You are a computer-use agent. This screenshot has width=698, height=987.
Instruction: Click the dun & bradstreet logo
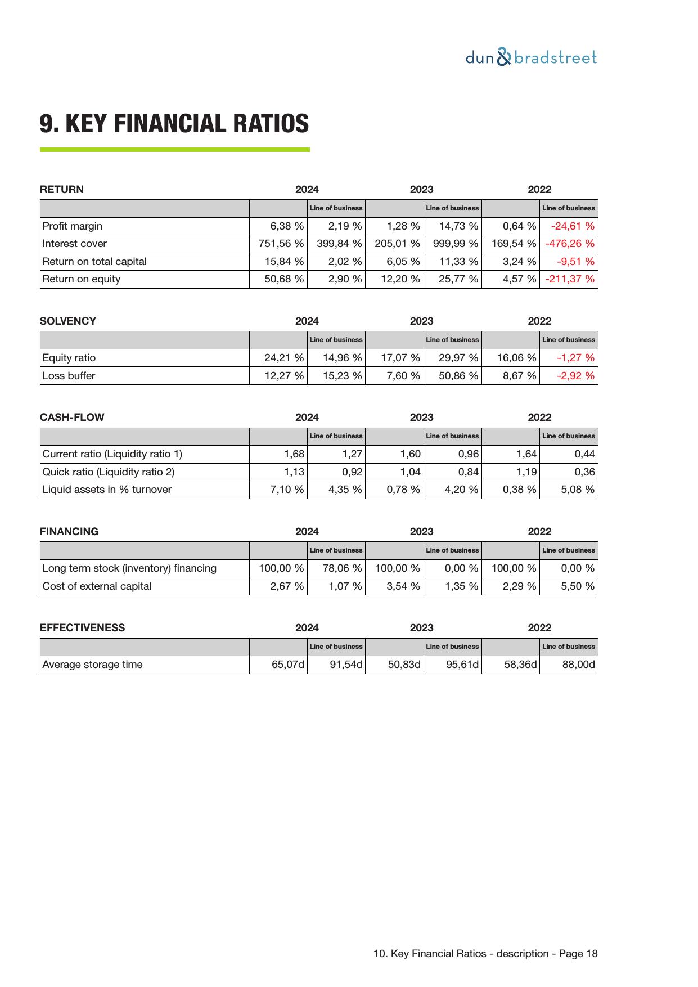click(x=531, y=57)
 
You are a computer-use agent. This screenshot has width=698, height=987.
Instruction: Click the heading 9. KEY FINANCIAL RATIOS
click(x=174, y=123)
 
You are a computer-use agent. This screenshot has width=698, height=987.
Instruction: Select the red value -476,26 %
click(x=569, y=244)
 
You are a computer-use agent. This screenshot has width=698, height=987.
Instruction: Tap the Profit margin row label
click(x=73, y=226)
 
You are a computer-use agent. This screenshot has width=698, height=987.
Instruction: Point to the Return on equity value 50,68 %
click(x=284, y=279)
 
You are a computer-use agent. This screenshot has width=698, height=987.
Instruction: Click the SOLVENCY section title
click(x=68, y=321)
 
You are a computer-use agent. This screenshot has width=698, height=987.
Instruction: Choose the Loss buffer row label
click(x=69, y=376)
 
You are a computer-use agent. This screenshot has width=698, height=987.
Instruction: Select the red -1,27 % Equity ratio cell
click(x=575, y=358)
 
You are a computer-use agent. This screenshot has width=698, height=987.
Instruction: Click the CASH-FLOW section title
click(x=72, y=418)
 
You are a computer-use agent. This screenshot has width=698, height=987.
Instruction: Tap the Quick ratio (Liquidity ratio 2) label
click(x=109, y=472)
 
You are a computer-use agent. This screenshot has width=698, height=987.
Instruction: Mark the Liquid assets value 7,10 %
click(x=287, y=490)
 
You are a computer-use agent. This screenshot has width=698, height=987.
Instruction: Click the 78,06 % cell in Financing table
click(x=342, y=568)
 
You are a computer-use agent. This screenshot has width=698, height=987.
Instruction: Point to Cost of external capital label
click(x=97, y=586)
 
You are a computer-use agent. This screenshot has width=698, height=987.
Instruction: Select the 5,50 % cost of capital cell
click(x=578, y=586)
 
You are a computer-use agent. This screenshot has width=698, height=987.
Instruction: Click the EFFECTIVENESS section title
click(x=82, y=628)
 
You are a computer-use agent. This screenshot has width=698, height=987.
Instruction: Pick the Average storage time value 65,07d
click(x=287, y=665)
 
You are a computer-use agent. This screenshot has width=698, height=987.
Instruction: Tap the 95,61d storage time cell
click(x=462, y=665)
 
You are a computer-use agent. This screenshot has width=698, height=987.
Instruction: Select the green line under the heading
click(x=174, y=150)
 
